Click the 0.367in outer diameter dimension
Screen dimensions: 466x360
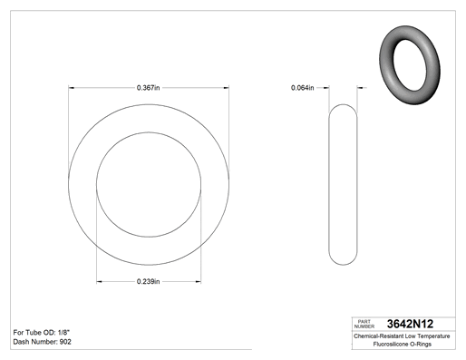coord(148,88)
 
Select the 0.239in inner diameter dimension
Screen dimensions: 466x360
coord(148,282)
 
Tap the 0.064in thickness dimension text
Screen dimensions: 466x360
coord(302,88)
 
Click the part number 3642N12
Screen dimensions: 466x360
coord(410,324)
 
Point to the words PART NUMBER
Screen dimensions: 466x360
coord(364,324)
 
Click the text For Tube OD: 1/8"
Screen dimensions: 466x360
coord(42,333)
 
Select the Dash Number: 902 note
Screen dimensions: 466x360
coord(42,342)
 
